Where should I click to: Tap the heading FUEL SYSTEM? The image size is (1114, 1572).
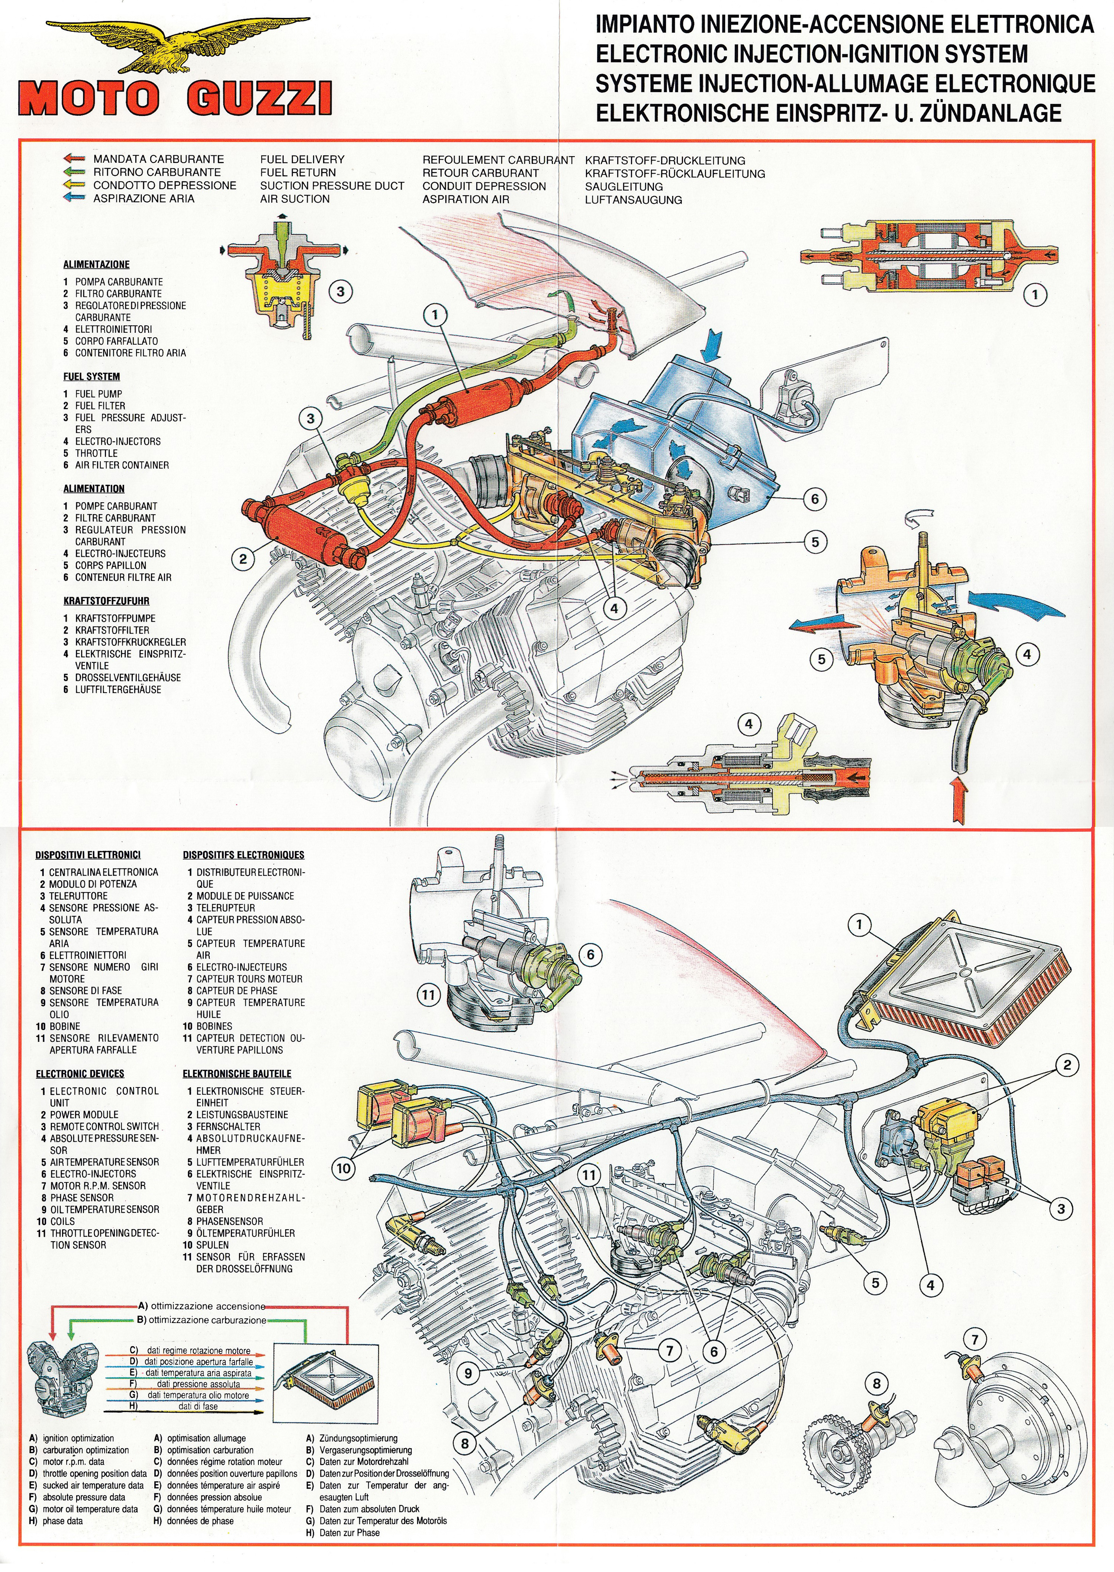point(91,377)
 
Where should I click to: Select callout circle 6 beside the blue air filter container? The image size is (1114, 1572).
point(815,499)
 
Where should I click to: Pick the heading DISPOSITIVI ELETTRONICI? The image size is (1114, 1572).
point(88,855)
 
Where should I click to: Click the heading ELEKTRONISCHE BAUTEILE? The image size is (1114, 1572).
point(236,1073)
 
